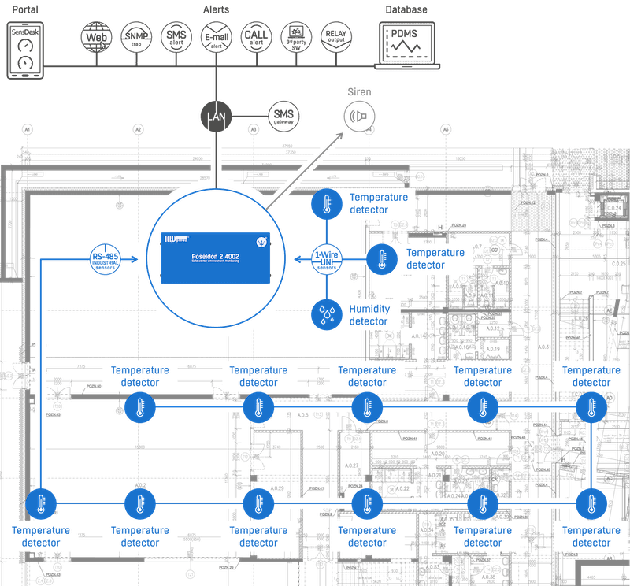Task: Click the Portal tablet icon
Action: click(25, 50)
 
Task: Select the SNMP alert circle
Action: click(135, 37)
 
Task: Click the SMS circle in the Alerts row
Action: click(176, 37)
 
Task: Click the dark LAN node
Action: click(215, 116)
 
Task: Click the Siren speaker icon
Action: click(358, 117)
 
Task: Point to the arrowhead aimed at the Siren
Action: click(341, 135)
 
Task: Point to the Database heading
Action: click(406, 9)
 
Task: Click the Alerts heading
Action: click(216, 9)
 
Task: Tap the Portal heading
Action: click(25, 9)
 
